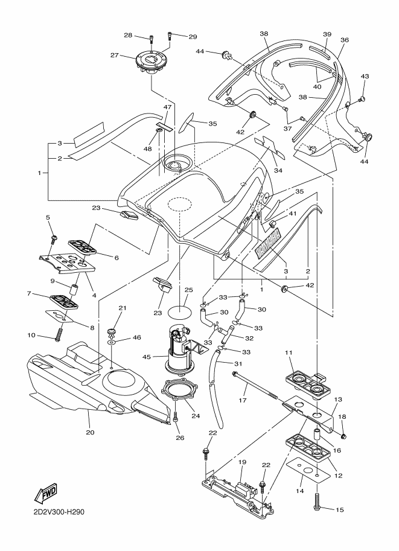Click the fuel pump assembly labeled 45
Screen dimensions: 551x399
click(x=181, y=350)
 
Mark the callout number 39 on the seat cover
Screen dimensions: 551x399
click(x=327, y=34)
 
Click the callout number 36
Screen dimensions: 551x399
click(x=345, y=40)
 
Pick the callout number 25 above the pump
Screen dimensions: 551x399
click(x=188, y=290)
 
